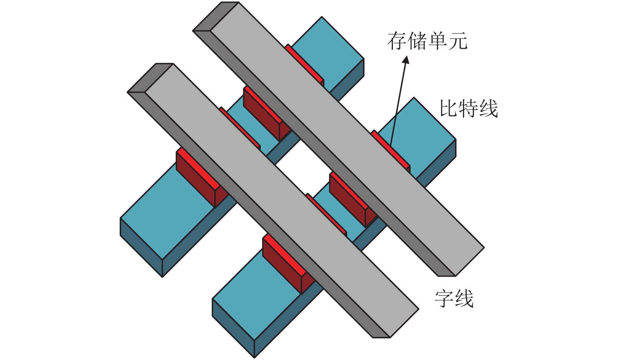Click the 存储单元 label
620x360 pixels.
[x=427, y=41]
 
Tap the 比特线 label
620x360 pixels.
[x=469, y=109]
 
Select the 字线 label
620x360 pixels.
[x=454, y=299]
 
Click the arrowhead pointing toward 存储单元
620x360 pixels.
[x=406, y=59]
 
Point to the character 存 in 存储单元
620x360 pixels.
[x=397, y=41]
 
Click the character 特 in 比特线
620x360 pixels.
[x=469, y=109]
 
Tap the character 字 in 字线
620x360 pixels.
[x=444, y=299]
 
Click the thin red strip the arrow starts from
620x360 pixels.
[x=391, y=150]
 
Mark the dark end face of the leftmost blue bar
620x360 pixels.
[x=141, y=248]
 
